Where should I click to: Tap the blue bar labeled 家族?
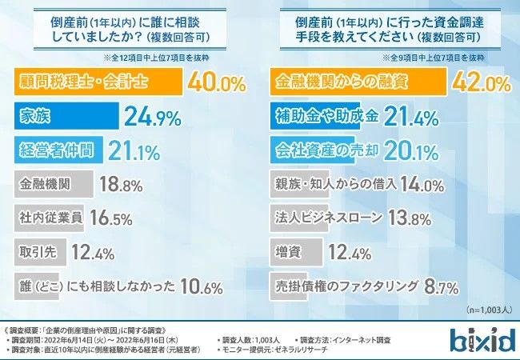tap(65, 117)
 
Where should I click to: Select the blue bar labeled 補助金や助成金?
tap(327, 117)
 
